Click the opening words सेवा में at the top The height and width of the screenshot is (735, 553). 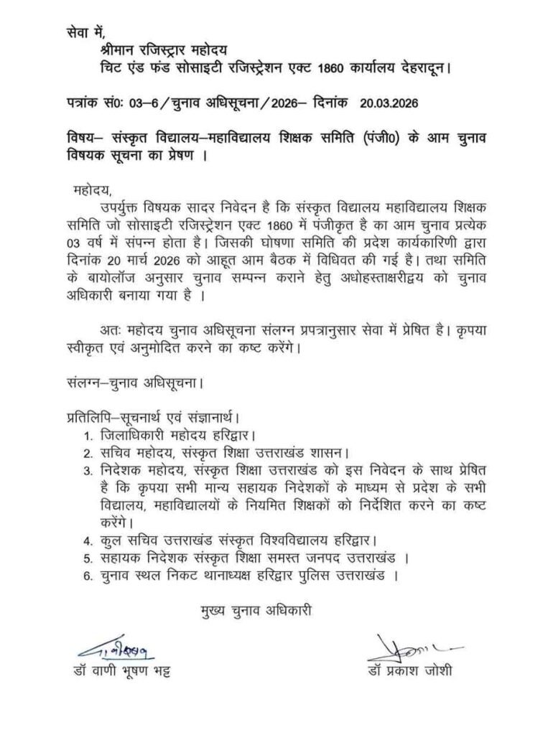85,32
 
